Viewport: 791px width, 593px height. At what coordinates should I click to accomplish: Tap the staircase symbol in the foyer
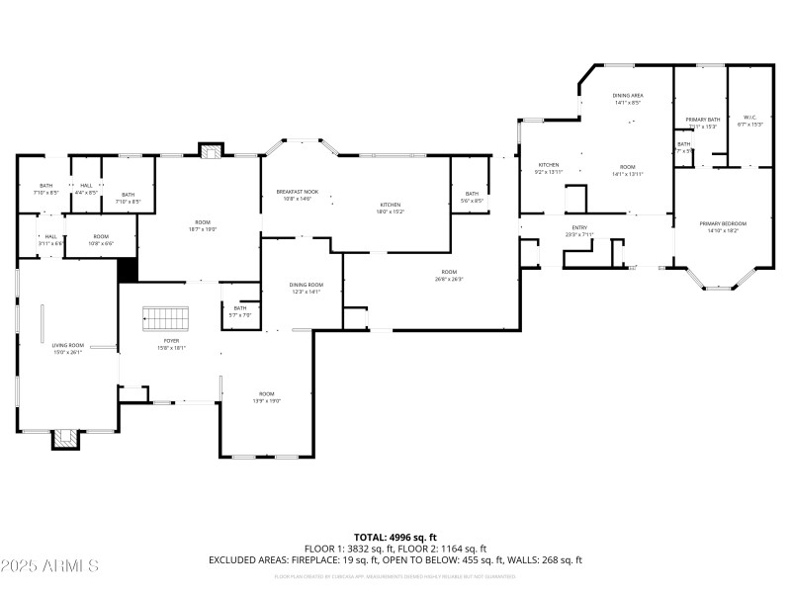tap(165, 318)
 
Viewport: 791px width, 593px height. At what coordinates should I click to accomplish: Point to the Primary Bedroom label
tap(723, 226)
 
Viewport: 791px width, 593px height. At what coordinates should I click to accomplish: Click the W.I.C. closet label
tap(748, 121)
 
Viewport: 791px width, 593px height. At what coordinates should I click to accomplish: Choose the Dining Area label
tap(628, 98)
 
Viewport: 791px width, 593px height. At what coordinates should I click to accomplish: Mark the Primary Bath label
tap(703, 123)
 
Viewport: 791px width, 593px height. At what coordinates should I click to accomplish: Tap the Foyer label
tap(165, 344)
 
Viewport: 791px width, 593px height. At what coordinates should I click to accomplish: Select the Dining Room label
tap(305, 288)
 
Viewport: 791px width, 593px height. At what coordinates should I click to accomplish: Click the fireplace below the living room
tap(66, 438)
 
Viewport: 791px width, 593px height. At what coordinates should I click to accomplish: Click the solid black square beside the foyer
tap(128, 270)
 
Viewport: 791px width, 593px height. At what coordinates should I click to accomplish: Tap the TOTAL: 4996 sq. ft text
tap(395, 537)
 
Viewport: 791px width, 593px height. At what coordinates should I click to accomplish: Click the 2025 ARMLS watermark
tap(49, 566)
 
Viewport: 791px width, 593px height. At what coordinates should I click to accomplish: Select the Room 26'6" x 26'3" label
tap(449, 275)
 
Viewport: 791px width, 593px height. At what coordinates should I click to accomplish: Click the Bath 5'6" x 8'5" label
tap(472, 197)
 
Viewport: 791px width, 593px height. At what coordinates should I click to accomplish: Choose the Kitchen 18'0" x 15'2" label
tap(390, 208)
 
